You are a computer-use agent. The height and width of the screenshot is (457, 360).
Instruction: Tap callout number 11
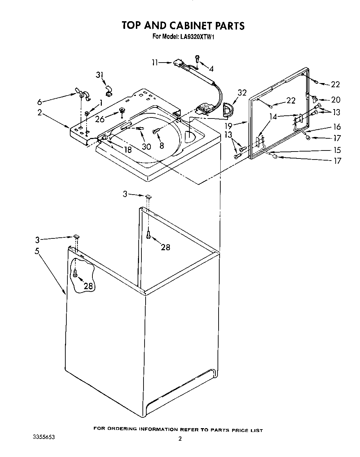pos(155,63)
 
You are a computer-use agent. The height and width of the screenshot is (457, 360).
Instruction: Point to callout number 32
pos(242,93)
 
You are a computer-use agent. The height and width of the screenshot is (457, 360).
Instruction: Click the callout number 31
pos(100,75)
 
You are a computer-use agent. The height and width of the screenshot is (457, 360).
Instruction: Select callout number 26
pos(99,119)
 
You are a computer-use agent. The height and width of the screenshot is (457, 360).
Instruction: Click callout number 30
pos(146,146)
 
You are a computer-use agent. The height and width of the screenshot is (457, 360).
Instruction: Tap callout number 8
pos(162,146)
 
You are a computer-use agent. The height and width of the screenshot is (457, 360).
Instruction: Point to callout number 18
pos(128,150)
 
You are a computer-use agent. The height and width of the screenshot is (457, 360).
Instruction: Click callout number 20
pos(336,100)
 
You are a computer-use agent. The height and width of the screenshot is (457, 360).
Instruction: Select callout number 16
pos(337,127)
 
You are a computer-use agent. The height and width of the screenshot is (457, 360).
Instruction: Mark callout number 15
pos(337,150)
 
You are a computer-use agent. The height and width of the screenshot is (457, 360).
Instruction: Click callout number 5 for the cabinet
pos(37,251)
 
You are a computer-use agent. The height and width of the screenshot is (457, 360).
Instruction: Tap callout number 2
pos(40,112)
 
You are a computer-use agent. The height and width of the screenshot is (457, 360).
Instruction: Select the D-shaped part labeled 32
pos(228,109)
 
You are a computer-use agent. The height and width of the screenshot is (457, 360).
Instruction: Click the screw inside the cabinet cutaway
pos(75,274)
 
